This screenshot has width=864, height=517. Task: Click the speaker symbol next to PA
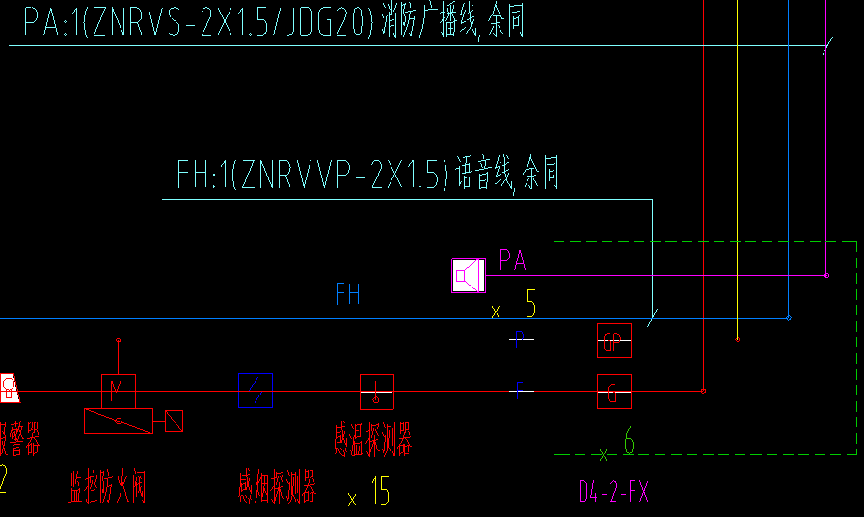pyautogui.click(x=469, y=276)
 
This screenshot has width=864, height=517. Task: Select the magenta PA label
pyautogui.click(x=512, y=259)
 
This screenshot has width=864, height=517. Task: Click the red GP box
pyautogui.click(x=613, y=340)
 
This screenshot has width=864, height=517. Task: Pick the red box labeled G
pyautogui.click(x=613, y=392)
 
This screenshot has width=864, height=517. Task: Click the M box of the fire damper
pyautogui.click(x=119, y=391)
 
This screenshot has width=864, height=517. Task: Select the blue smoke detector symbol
pyautogui.click(x=256, y=391)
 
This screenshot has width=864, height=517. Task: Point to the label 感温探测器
pyautogui.click(x=373, y=443)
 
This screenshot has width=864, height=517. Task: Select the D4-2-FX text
pyautogui.click(x=613, y=493)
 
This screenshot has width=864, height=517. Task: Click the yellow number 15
pyautogui.click(x=380, y=493)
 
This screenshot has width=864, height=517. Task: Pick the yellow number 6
pyautogui.click(x=629, y=444)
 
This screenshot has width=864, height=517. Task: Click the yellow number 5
pyautogui.click(x=530, y=307)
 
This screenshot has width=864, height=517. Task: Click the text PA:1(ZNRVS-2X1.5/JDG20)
pyautogui.click(x=198, y=21)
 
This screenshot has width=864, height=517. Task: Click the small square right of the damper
pyautogui.click(x=174, y=421)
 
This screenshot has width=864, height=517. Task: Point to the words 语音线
pyautogui.click(x=483, y=176)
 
